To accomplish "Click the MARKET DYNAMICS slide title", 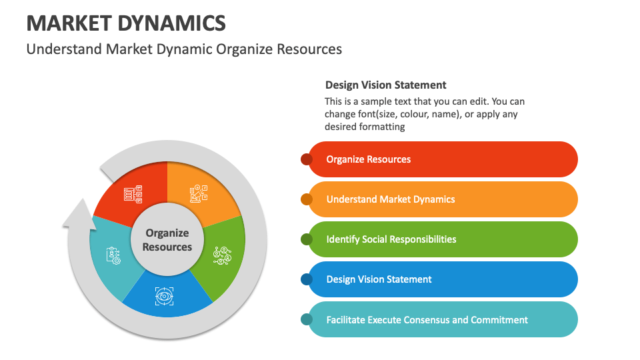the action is (126, 23).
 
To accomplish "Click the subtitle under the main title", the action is (184, 49).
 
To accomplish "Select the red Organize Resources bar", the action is (443, 159).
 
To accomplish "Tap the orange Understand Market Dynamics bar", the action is (443, 199).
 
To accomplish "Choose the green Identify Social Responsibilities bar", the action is (443, 239).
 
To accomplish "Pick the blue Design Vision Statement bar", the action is (443, 279).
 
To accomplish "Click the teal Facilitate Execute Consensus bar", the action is (443, 319).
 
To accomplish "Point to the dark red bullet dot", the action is (307, 159).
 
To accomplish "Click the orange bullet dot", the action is (307, 199).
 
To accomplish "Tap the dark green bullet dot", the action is (307, 239).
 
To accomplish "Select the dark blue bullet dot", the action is (307, 279).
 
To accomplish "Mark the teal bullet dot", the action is (307, 319).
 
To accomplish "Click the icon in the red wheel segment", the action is (133, 194).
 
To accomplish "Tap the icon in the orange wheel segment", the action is (199, 193).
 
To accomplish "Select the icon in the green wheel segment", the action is (223, 256).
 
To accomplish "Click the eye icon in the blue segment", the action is (165, 296).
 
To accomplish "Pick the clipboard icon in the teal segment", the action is (113, 255).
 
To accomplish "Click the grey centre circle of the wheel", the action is (167, 239).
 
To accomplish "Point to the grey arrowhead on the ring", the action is (79, 214).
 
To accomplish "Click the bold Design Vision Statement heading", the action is (386, 85).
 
